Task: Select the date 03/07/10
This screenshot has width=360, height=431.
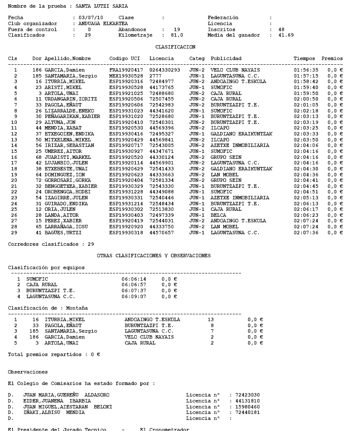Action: pyautogui.click(x=88, y=18)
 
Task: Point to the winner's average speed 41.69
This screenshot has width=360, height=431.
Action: pyautogui.click(x=286, y=35)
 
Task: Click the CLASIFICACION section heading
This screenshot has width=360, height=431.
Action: pyautogui.click(x=175, y=47)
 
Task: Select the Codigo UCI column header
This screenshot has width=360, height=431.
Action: pyautogui.click(x=125, y=58)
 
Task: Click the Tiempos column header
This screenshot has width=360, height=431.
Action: pyautogui.click(x=304, y=58)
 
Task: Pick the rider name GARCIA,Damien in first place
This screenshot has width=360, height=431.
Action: pyautogui.click(x=65, y=70)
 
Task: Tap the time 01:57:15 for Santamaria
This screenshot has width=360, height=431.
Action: pyautogui.click(x=306, y=76)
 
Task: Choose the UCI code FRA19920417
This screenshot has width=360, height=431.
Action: pyautogui.click(x=126, y=70)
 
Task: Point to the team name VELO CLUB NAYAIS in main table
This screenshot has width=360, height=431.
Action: pyautogui.click(x=235, y=70)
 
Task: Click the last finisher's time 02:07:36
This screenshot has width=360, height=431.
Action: pyautogui.click(x=306, y=233)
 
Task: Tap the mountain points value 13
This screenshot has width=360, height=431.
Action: pyautogui.click(x=211, y=319)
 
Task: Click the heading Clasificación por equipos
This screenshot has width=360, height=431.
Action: pyautogui.click(x=46, y=267)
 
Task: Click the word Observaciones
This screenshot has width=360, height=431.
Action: pyautogui.click(x=28, y=372)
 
